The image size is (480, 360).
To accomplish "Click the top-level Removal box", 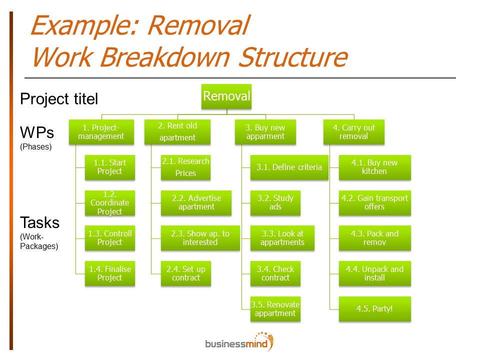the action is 226,96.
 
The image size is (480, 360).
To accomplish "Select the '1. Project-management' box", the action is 101,132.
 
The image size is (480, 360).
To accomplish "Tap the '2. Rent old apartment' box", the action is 177,132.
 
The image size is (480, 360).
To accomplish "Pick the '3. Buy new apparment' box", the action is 265,132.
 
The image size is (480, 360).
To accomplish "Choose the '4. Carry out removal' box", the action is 354,132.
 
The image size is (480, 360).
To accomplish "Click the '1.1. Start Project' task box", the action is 110,167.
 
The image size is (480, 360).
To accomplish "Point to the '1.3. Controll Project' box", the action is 110,238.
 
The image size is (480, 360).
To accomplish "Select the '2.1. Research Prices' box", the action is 186,167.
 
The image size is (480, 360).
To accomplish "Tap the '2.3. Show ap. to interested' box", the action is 200,238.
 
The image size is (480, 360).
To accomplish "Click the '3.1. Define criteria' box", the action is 289,167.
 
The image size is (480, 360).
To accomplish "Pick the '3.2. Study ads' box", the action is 275,203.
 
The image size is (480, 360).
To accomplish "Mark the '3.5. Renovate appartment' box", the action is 275,309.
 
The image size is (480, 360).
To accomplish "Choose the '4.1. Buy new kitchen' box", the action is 375,167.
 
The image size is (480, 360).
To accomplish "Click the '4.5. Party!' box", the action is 375,309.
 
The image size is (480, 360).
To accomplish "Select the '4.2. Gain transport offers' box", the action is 375,203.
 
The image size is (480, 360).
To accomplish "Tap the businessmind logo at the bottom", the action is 239,342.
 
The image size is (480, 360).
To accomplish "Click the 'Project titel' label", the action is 59,99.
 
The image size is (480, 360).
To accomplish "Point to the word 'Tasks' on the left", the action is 40,223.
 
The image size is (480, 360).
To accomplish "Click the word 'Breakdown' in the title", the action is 165,57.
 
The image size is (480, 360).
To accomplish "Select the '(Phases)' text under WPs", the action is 36,147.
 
